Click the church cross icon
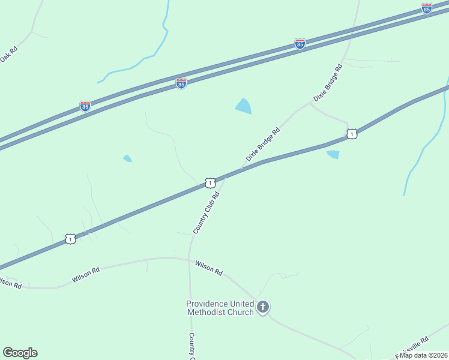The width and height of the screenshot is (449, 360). click(262, 308)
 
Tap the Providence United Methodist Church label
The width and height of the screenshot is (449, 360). click(220, 308)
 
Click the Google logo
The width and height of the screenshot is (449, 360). click(20, 353)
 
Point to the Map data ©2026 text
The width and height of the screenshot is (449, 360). click(424, 355)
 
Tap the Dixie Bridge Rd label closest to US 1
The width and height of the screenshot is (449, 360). click(263, 145)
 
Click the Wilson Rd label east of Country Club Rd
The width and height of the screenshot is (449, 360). click(208, 268)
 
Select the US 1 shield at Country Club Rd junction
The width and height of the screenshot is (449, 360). click(209, 182)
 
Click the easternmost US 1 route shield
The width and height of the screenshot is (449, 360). click(352, 134)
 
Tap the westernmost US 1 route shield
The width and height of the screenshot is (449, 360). click(71, 239)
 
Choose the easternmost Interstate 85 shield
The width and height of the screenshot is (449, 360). click(426, 8)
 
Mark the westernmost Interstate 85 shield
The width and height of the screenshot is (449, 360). click(85, 107)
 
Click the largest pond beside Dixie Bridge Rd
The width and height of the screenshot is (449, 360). click(243, 107)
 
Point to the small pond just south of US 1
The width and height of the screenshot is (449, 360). click(333, 155)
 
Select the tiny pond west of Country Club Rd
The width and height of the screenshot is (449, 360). click(127, 158)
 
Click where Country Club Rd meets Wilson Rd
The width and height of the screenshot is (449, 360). click(190, 259)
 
